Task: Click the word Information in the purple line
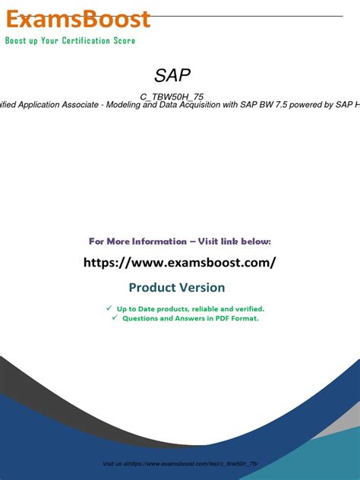click(156, 242)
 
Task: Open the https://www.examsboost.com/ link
click(178, 263)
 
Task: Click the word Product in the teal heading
click(152, 288)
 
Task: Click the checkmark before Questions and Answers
click(114, 318)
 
